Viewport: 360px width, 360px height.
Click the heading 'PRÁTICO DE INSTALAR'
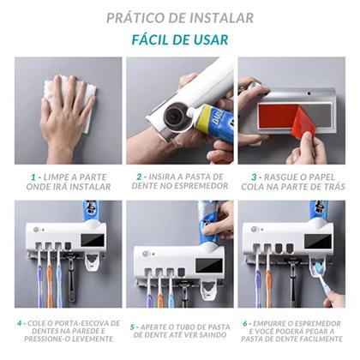(x=180, y=17)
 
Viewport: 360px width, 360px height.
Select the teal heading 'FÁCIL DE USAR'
(x=180, y=39)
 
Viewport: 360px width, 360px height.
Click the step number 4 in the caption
(x=19, y=324)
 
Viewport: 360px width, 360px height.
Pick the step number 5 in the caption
(x=134, y=327)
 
